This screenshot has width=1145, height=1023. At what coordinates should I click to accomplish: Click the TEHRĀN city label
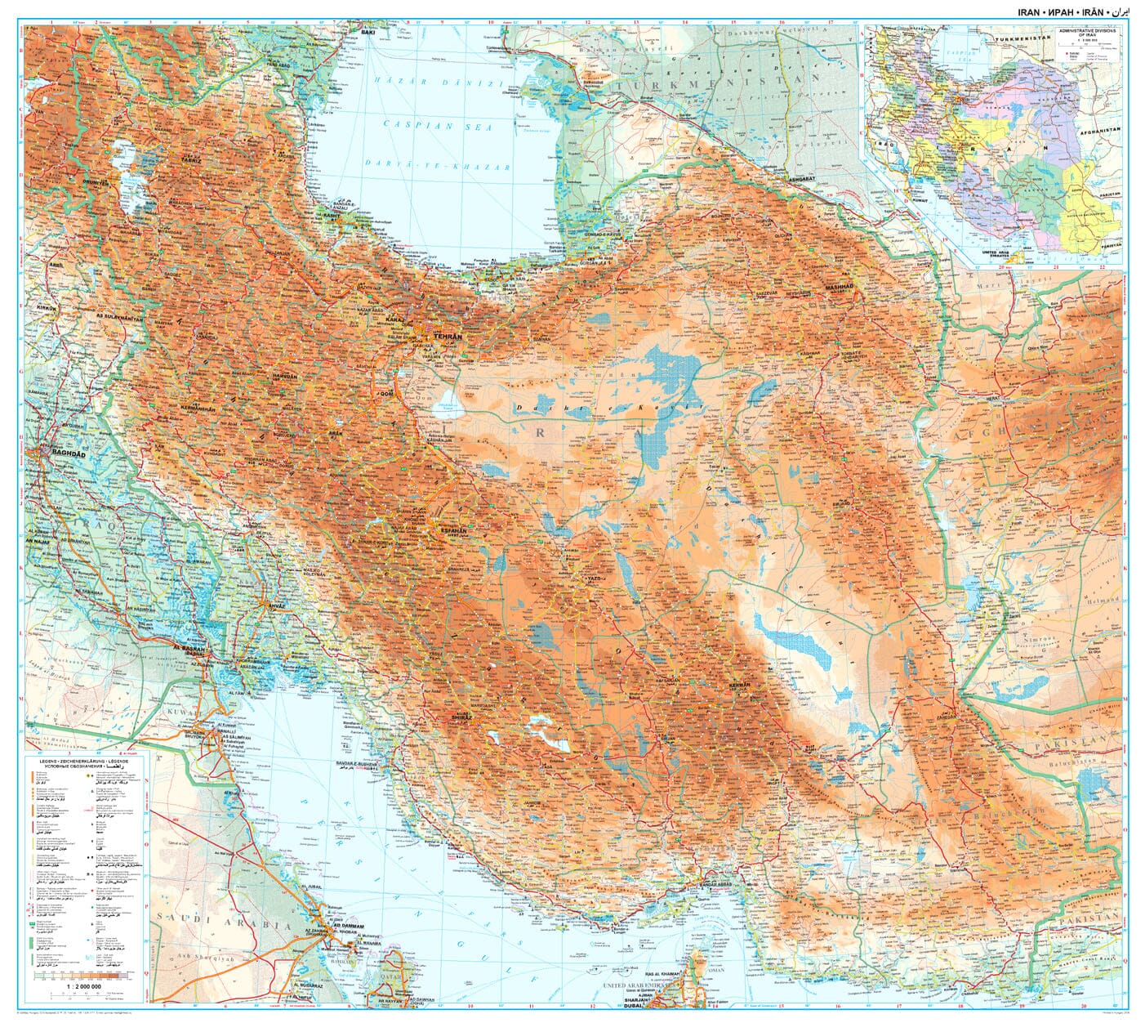[x=448, y=337]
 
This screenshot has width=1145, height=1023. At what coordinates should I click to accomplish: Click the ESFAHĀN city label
[x=452, y=530]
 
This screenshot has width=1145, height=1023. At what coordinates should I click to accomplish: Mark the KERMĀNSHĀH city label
[x=198, y=406]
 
